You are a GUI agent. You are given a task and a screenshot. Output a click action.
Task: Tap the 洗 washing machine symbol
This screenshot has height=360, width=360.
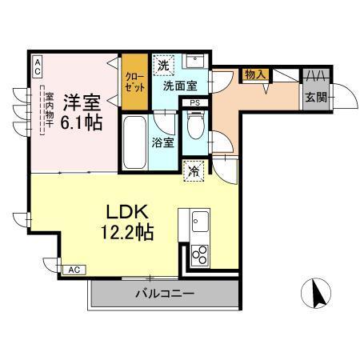[x=163, y=64]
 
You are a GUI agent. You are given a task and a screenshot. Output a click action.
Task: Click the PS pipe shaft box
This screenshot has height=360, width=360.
[x=194, y=102]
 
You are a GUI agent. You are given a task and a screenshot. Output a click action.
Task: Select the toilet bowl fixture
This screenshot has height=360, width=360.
[x=194, y=124]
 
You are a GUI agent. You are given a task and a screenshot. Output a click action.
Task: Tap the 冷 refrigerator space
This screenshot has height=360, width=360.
[x=193, y=170]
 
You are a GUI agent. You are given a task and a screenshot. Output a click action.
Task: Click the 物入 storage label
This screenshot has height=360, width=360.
[x=257, y=74]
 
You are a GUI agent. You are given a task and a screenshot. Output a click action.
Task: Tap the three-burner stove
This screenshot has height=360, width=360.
[x=198, y=254]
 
